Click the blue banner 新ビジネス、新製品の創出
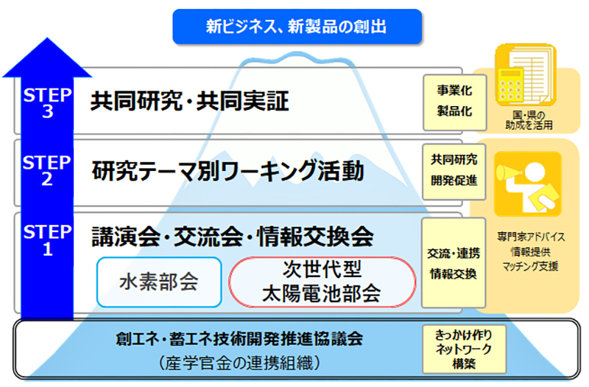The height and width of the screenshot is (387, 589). click(297, 27)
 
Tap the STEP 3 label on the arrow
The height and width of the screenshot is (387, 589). click(47, 103)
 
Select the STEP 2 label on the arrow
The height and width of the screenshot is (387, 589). click(47, 170)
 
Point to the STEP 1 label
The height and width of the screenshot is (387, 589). click(47, 240)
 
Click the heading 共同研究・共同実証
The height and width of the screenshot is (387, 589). click(190, 101)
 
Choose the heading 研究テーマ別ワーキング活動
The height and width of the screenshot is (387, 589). click(228, 171)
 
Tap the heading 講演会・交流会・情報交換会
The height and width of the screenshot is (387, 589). click(233, 237)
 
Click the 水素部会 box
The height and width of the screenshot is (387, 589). click(159, 282)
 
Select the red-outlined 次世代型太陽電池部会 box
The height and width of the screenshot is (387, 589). click(322, 282)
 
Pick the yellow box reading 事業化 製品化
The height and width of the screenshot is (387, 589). click(454, 102)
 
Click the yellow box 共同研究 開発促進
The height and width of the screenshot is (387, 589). click(454, 172)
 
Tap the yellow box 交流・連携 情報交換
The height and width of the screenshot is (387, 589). click(454, 263)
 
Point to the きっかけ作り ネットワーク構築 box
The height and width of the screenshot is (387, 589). click(464, 349)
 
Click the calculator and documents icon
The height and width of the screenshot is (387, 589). click(525, 75)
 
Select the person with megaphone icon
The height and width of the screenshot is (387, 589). click(527, 184)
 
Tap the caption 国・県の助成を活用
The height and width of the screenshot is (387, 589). click(529, 120)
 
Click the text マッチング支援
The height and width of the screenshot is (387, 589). click(530, 266)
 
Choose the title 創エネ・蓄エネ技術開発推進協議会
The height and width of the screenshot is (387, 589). click(239, 338)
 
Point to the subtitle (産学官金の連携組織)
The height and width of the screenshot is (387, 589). click(239, 363)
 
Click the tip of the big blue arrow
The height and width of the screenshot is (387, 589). click(47, 38)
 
